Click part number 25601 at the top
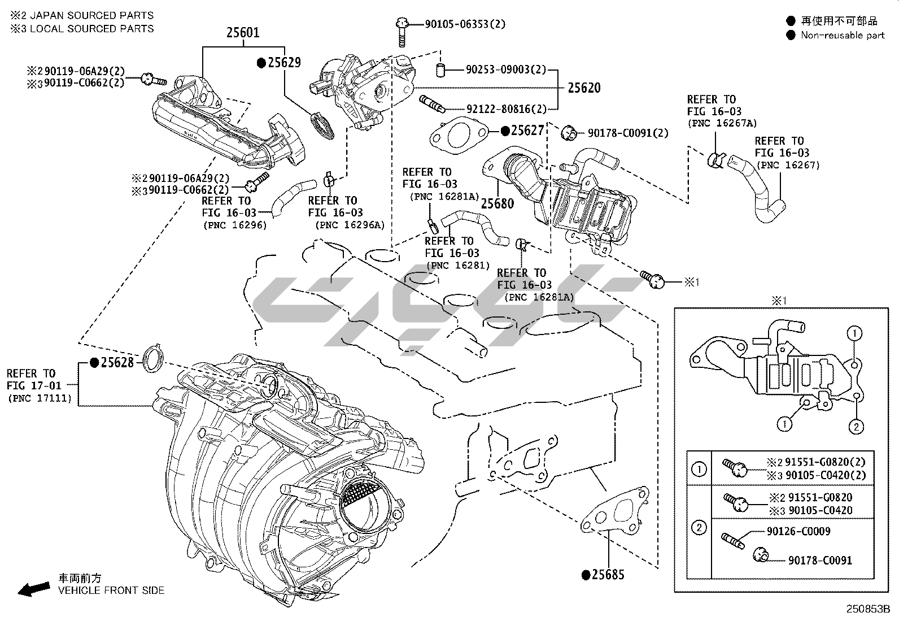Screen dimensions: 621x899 [243, 32]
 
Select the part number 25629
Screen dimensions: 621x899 [284, 63]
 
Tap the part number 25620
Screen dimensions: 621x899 [584, 88]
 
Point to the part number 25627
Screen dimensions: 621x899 [527, 131]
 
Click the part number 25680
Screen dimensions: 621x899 [497, 203]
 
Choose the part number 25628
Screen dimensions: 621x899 [117, 362]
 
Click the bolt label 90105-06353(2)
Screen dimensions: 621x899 [465, 24]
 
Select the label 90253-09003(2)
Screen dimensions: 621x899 [506, 70]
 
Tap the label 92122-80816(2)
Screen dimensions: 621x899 [507, 108]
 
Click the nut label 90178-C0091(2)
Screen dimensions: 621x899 [628, 133]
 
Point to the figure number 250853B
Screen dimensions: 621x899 [867, 610]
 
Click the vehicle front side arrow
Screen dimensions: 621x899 [33, 589]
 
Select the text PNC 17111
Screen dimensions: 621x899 [40, 398]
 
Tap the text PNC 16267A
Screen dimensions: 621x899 [722, 123]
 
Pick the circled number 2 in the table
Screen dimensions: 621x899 [699, 528]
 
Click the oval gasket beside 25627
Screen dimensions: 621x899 [458, 136]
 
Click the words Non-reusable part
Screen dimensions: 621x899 [843, 35]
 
